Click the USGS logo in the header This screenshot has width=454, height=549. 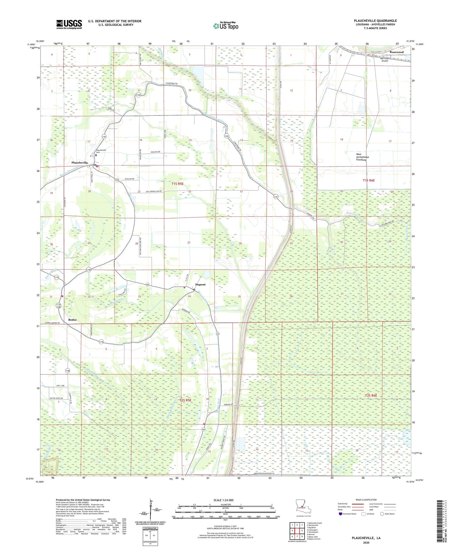click(69, 24)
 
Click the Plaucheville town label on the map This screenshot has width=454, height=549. click(80, 163)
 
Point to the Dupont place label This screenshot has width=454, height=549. click(200, 284)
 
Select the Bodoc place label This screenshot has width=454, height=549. click(72, 320)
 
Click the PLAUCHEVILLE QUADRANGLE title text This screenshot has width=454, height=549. click(375, 21)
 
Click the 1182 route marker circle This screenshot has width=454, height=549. click(138, 95)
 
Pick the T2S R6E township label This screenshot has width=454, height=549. click(371, 395)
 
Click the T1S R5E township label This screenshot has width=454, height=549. click(178, 184)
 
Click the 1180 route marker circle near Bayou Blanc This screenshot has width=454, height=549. click(88, 270)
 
